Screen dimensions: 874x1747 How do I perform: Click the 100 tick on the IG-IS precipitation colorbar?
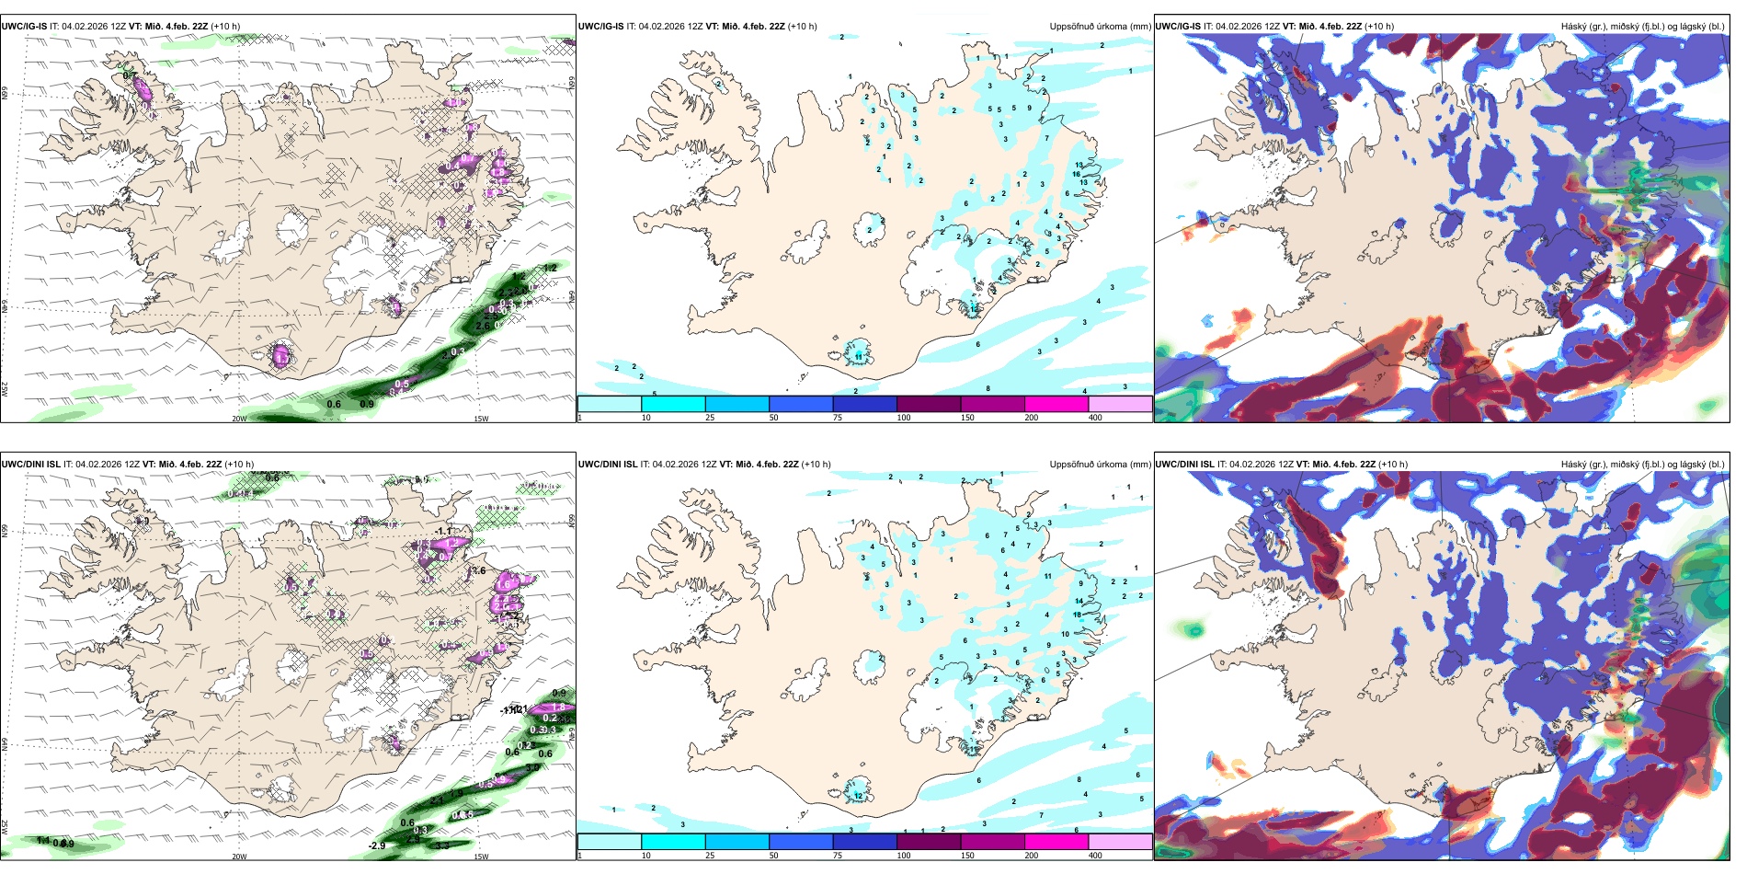pyautogui.click(x=904, y=418)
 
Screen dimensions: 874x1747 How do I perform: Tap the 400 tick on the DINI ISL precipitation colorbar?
pyautogui.click(x=1095, y=856)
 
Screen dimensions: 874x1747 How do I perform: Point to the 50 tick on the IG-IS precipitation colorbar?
pyautogui.click(x=773, y=418)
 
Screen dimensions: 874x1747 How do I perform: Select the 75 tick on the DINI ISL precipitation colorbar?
pyautogui.click(x=837, y=856)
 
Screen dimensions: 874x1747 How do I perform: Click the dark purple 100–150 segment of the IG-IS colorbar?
pyautogui.click(x=929, y=404)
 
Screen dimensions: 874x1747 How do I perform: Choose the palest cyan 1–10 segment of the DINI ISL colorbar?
pyautogui.click(x=610, y=842)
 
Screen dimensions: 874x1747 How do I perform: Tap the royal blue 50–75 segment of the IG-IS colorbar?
pyautogui.click(x=801, y=404)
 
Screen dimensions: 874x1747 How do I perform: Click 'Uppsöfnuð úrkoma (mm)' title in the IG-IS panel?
pyautogui.click(x=1100, y=27)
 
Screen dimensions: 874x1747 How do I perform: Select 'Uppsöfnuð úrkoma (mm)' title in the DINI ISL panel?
pyautogui.click(x=1100, y=465)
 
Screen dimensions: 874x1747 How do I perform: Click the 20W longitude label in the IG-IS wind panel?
pyautogui.click(x=239, y=419)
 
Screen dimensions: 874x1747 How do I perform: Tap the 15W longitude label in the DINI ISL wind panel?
pyautogui.click(x=481, y=857)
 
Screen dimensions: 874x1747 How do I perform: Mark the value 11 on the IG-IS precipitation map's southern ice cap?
pyautogui.click(x=859, y=356)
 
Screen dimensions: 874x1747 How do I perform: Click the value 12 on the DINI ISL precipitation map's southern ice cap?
pyautogui.click(x=859, y=796)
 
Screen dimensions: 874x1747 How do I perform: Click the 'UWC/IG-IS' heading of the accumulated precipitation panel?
pyautogui.click(x=601, y=27)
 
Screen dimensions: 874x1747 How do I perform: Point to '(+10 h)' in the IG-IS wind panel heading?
pyautogui.click(x=225, y=27)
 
